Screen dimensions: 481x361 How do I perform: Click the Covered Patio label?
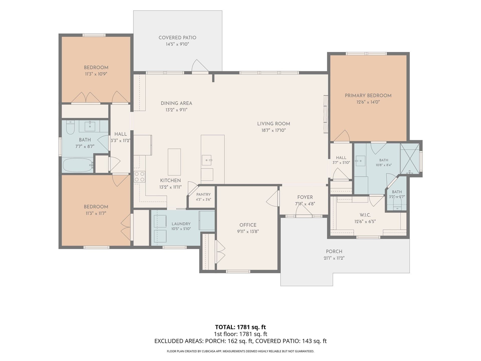tap(177, 38)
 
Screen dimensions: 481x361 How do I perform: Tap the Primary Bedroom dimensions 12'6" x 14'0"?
tap(368, 102)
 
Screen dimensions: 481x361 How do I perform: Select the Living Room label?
tap(274, 124)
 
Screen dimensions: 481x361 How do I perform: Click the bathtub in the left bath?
tap(78, 165)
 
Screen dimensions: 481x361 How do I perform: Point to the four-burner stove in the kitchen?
tap(140, 176)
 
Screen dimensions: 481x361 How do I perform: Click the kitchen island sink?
tap(207, 160)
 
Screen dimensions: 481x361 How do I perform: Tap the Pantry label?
tap(203, 194)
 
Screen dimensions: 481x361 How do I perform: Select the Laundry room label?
tap(181, 224)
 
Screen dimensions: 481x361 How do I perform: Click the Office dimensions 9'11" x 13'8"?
tap(248, 231)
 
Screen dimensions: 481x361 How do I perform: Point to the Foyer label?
tap(305, 197)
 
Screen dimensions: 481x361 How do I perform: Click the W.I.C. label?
tap(365, 215)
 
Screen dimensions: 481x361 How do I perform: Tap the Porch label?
tap(334, 251)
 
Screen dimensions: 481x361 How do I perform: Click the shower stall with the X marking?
tap(410, 159)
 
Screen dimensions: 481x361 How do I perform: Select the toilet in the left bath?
tap(70, 127)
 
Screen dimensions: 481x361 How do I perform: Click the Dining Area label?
tap(176, 103)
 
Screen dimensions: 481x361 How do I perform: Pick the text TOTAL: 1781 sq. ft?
tap(241, 327)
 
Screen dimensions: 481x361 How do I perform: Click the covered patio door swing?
tap(200, 66)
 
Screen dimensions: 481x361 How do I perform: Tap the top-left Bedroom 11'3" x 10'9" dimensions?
tap(96, 74)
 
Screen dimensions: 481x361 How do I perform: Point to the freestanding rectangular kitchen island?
tap(174, 162)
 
